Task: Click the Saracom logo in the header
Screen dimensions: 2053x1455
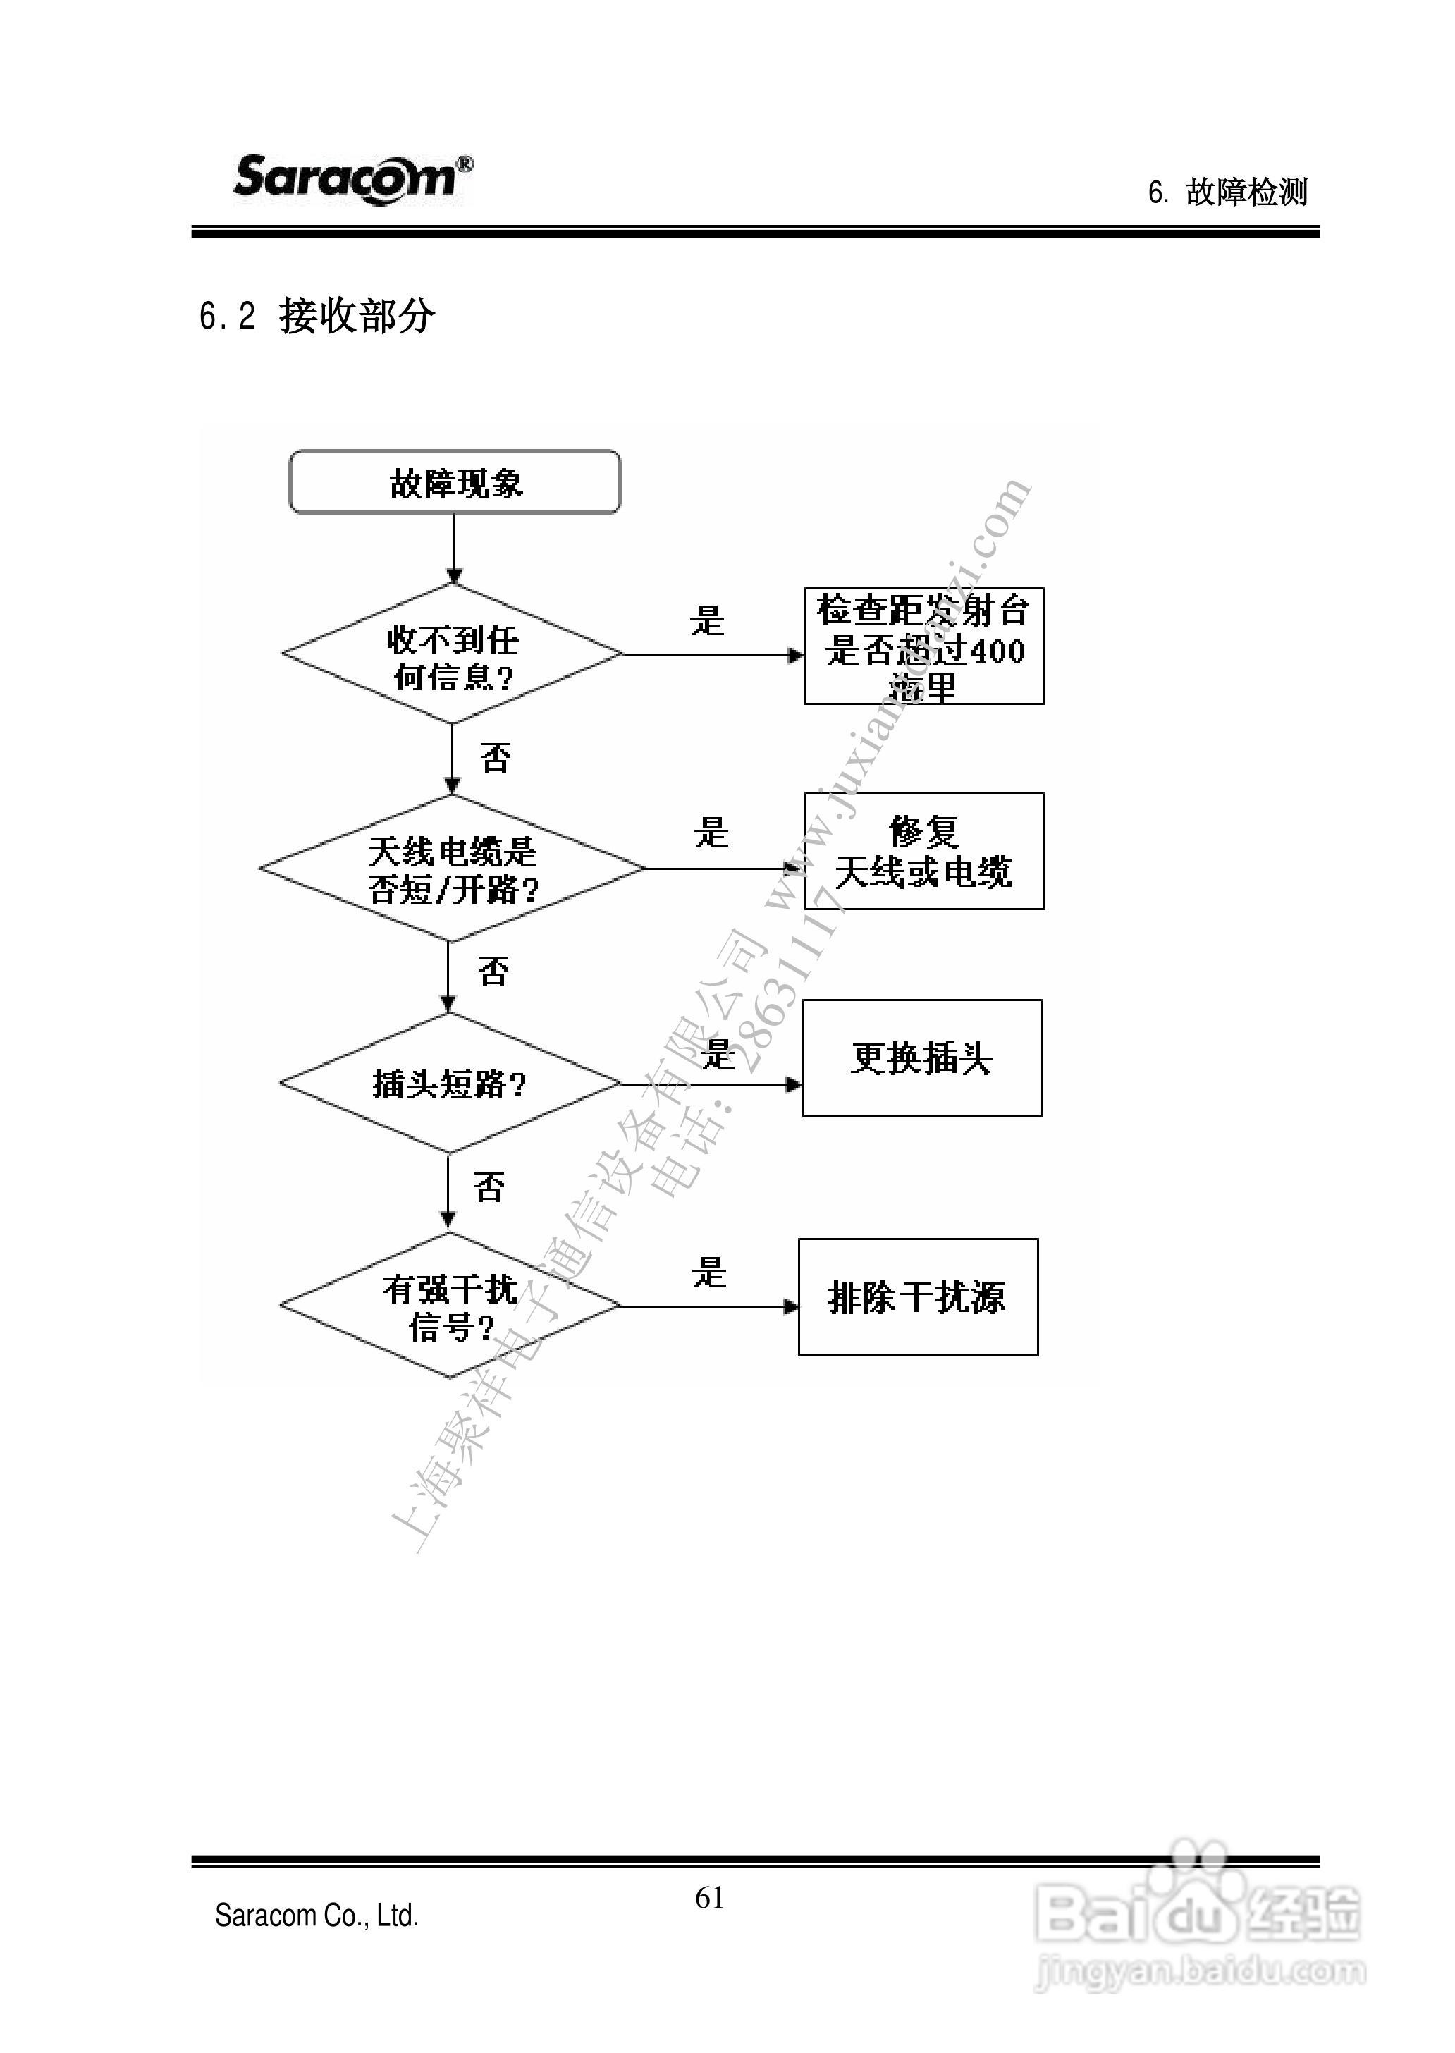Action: coord(352,178)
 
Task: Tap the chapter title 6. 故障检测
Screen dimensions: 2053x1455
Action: coord(1227,192)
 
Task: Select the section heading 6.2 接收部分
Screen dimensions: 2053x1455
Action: coord(317,315)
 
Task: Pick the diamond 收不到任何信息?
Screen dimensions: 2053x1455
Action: coord(453,655)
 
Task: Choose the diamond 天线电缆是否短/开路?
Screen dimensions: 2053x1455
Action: coord(452,869)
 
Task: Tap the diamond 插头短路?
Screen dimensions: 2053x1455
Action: coord(450,1084)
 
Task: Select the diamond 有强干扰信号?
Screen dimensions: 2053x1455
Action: coord(450,1306)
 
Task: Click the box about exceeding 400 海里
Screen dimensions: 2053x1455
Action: coord(923,646)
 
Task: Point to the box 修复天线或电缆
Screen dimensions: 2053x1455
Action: coord(923,852)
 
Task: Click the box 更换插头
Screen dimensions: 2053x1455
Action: coord(922,1058)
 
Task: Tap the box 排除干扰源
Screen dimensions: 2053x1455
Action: coord(917,1297)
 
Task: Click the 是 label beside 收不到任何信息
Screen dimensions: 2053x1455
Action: coord(707,620)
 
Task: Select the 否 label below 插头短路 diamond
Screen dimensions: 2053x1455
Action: coord(489,1187)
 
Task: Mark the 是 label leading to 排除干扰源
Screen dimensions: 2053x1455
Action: coord(708,1272)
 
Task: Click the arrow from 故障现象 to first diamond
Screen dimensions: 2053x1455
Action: coord(454,549)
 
